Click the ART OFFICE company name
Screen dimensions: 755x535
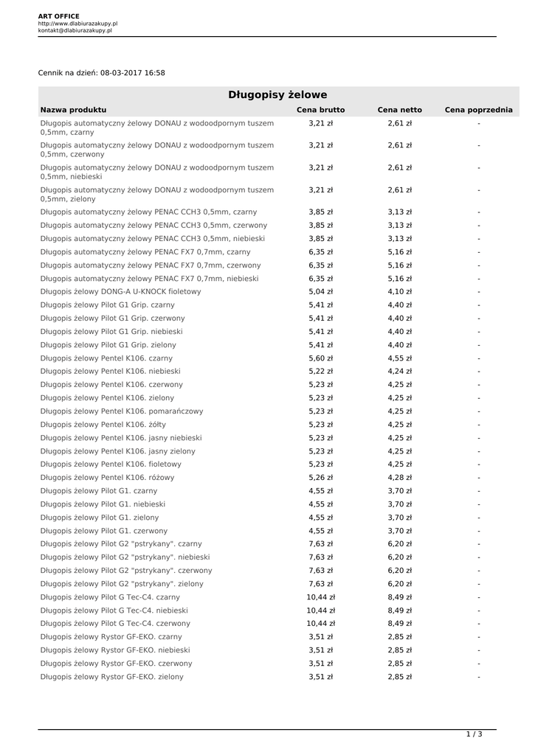point(59,15)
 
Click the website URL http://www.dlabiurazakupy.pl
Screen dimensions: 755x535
point(77,24)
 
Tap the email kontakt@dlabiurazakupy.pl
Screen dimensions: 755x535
point(75,31)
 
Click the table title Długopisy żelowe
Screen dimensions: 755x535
point(277,95)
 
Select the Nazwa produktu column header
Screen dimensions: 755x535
point(74,110)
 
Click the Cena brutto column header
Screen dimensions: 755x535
point(320,110)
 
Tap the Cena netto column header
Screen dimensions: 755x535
point(399,110)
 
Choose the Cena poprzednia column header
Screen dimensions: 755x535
point(478,110)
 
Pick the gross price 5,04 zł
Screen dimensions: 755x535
point(320,291)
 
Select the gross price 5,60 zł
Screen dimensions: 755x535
point(320,358)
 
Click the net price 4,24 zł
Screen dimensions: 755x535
point(399,371)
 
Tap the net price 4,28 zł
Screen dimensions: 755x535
point(399,477)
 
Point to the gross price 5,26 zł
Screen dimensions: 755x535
point(320,477)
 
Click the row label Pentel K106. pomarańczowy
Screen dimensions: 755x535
point(122,411)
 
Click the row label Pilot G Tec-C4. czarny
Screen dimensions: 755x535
point(110,596)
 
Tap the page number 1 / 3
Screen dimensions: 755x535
point(474,734)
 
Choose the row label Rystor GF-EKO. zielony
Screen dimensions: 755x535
point(112,676)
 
